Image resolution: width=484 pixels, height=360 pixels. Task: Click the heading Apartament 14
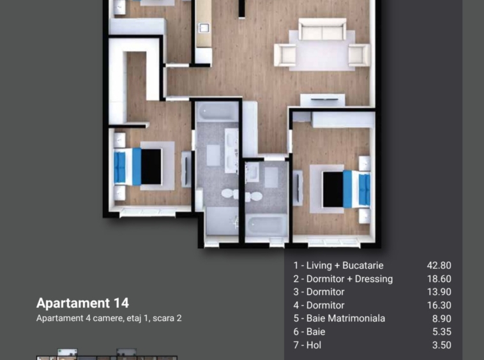coord(82,303)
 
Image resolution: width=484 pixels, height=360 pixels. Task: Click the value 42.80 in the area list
coord(439,266)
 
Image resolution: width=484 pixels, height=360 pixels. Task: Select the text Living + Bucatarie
coord(345,266)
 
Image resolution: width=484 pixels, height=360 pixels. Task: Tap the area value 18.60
coord(439,278)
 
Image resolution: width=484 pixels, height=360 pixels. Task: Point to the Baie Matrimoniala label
coord(345,319)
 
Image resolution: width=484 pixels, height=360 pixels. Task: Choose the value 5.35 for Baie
coord(442,332)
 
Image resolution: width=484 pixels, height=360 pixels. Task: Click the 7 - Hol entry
coord(307,345)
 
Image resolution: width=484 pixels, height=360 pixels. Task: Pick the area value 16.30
coord(439,305)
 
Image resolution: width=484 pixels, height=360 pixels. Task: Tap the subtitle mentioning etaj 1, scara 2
coord(109,318)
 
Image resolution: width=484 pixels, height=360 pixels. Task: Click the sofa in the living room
coord(322,29)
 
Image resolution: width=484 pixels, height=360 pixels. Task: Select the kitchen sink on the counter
coord(204,27)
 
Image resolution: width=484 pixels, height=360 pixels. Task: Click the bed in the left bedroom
coord(138,167)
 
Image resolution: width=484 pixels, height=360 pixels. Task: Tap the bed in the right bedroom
coord(346,189)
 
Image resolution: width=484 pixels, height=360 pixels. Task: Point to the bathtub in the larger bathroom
coord(218,112)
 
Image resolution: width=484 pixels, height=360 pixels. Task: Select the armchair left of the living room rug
coord(285,55)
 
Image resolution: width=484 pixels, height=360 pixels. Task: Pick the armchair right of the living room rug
coord(359,55)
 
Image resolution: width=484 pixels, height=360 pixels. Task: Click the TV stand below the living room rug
coord(322,100)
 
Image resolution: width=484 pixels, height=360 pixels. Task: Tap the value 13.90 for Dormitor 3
coord(439,292)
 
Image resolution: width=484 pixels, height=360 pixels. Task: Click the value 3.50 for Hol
coord(442,345)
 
